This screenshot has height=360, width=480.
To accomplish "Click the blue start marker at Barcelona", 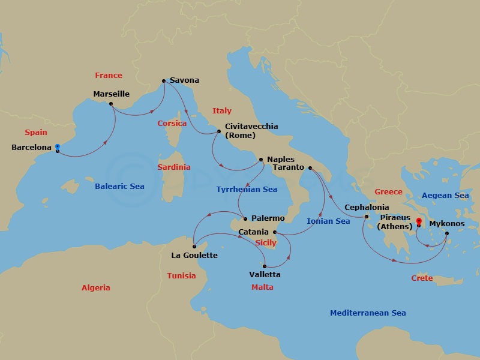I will pyautogui.click(x=57, y=146).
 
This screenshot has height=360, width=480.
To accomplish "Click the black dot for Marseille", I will pyautogui.click(x=111, y=104).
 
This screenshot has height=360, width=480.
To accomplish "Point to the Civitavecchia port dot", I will pyautogui.click(x=218, y=131).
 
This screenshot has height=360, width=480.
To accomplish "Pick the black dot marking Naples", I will pyautogui.click(x=260, y=160).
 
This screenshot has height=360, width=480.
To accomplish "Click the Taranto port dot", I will pyautogui.click(x=310, y=169).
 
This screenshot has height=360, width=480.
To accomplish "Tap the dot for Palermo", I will pyautogui.click(x=245, y=218).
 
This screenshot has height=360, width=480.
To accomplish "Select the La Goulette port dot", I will pyautogui.click(x=194, y=246).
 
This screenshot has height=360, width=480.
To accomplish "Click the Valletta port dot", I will pyautogui.click(x=265, y=266).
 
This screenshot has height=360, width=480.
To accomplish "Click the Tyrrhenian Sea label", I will pyautogui.click(x=247, y=190).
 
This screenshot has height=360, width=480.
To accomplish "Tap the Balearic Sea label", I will pyautogui.click(x=119, y=187).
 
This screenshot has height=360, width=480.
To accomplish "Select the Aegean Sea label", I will pyautogui.click(x=445, y=196).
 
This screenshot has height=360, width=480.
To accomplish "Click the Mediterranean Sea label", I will pyautogui.click(x=368, y=313).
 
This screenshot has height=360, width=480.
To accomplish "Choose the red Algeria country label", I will pyautogui.click(x=96, y=288).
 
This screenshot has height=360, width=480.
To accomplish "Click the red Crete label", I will pyautogui.click(x=422, y=278).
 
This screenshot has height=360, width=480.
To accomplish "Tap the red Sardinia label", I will pyautogui.click(x=173, y=167).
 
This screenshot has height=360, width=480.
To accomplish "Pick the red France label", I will pyautogui.click(x=109, y=76).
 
